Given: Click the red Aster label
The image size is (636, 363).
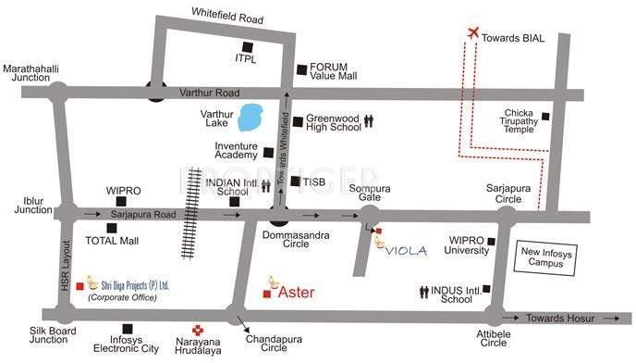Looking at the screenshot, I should (x=297, y=293).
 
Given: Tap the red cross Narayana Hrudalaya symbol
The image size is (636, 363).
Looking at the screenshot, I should (x=197, y=331).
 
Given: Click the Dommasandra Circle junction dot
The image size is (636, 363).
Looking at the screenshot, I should (x=279, y=218).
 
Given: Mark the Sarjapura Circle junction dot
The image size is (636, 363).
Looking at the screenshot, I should (x=507, y=216).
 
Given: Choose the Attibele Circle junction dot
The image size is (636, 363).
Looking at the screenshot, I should (x=499, y=317).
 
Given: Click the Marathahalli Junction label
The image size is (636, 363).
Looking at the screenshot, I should (x=30, y=73).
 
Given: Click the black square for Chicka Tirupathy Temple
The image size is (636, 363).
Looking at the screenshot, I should (x=546, y=117).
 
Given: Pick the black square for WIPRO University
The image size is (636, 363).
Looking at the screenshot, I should (x=492, y=243).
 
